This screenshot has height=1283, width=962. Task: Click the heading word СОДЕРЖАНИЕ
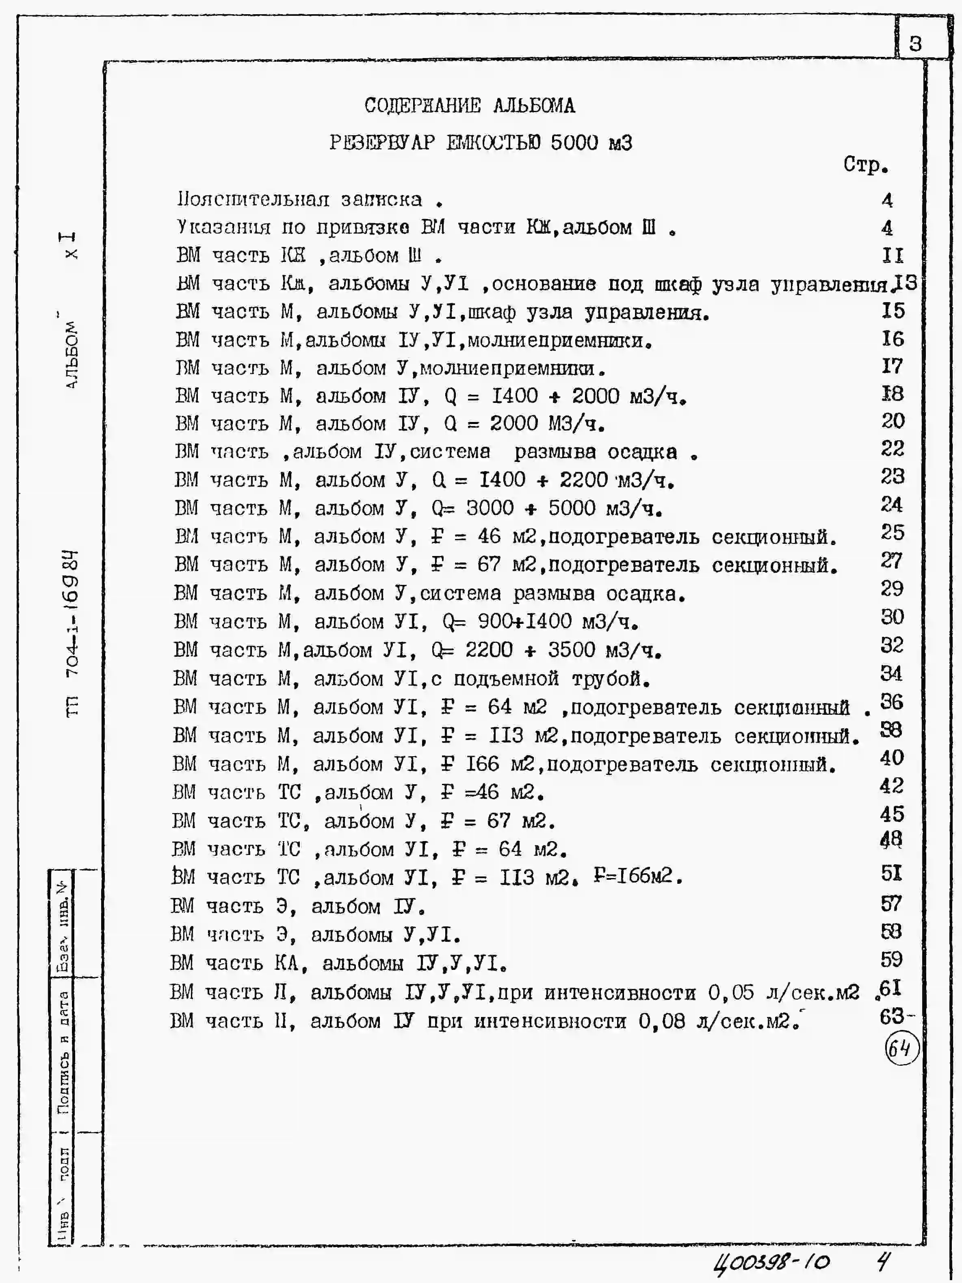(x=422, y=106)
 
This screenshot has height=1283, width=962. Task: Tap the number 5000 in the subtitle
(x=574, y=142)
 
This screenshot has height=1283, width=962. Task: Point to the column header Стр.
(x=865, y=165)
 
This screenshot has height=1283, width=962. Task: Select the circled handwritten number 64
(x=901, y=1049)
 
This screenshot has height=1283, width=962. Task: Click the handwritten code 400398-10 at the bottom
(x=772, y=1261)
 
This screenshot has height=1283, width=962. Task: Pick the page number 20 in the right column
(x=893, y=421)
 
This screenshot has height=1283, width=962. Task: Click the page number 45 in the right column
(x=892, y=814)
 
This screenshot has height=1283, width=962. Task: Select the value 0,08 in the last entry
(x=661, y=1021)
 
